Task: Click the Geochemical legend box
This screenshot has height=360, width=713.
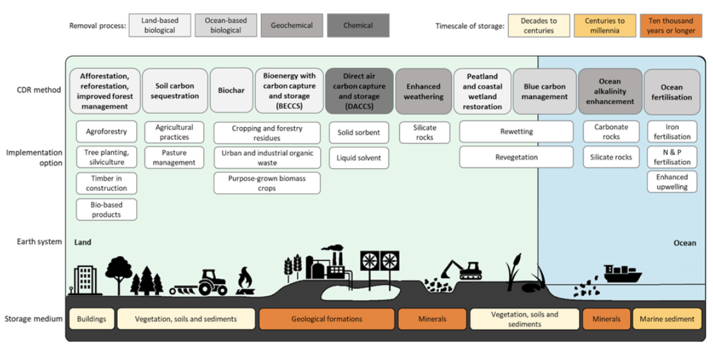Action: point(291,26)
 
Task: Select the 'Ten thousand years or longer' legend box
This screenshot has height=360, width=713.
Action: point(670,26)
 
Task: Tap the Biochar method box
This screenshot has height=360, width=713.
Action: point(231,90)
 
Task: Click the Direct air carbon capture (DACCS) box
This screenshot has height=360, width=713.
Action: point(358,91)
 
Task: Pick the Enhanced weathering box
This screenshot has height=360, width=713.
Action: point(424,91)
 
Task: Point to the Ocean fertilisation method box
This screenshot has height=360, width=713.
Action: point(671,92)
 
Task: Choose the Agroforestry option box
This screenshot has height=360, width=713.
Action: point(107,132)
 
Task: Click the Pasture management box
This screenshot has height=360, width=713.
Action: point(174,158)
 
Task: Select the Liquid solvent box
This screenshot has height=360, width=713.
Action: point(358,158)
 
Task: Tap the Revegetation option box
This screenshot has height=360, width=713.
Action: point(516,157)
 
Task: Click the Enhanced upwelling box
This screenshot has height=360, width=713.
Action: point(672,182)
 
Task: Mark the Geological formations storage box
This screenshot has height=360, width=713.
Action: point(326,319)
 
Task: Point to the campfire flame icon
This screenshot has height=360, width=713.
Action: point(245,281)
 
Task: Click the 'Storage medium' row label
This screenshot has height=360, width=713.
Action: point(33,319)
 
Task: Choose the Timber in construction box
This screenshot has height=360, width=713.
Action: point(107,183)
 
